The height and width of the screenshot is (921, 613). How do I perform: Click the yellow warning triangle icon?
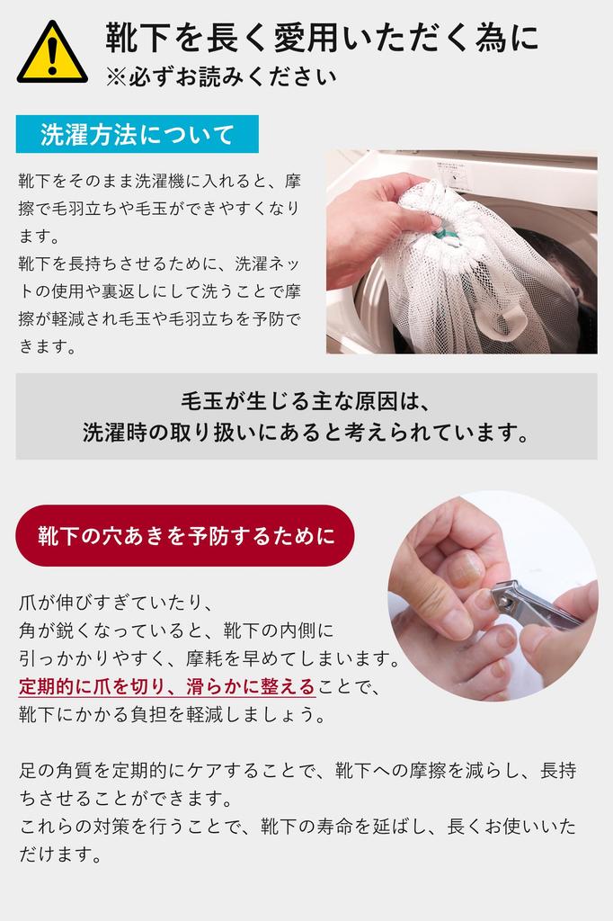click(x=51, y=55)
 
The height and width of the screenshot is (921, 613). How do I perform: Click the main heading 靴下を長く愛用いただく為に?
click(x=322, y=39)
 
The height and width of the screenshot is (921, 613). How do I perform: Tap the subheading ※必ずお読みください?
click(x=221, y=76)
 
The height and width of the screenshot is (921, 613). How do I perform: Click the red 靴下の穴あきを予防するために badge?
click(x=186, y=536)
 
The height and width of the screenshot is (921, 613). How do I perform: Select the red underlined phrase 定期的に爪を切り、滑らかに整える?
click(x=167, y=687)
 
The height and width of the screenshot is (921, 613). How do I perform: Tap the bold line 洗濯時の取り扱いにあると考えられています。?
click(x=306, y=433)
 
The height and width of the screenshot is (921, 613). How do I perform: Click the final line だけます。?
click(x=58, y=855)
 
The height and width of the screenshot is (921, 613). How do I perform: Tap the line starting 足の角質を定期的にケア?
click(x=298, y=771)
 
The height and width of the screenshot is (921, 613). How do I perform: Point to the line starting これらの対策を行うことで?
click(x=298, y=827)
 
